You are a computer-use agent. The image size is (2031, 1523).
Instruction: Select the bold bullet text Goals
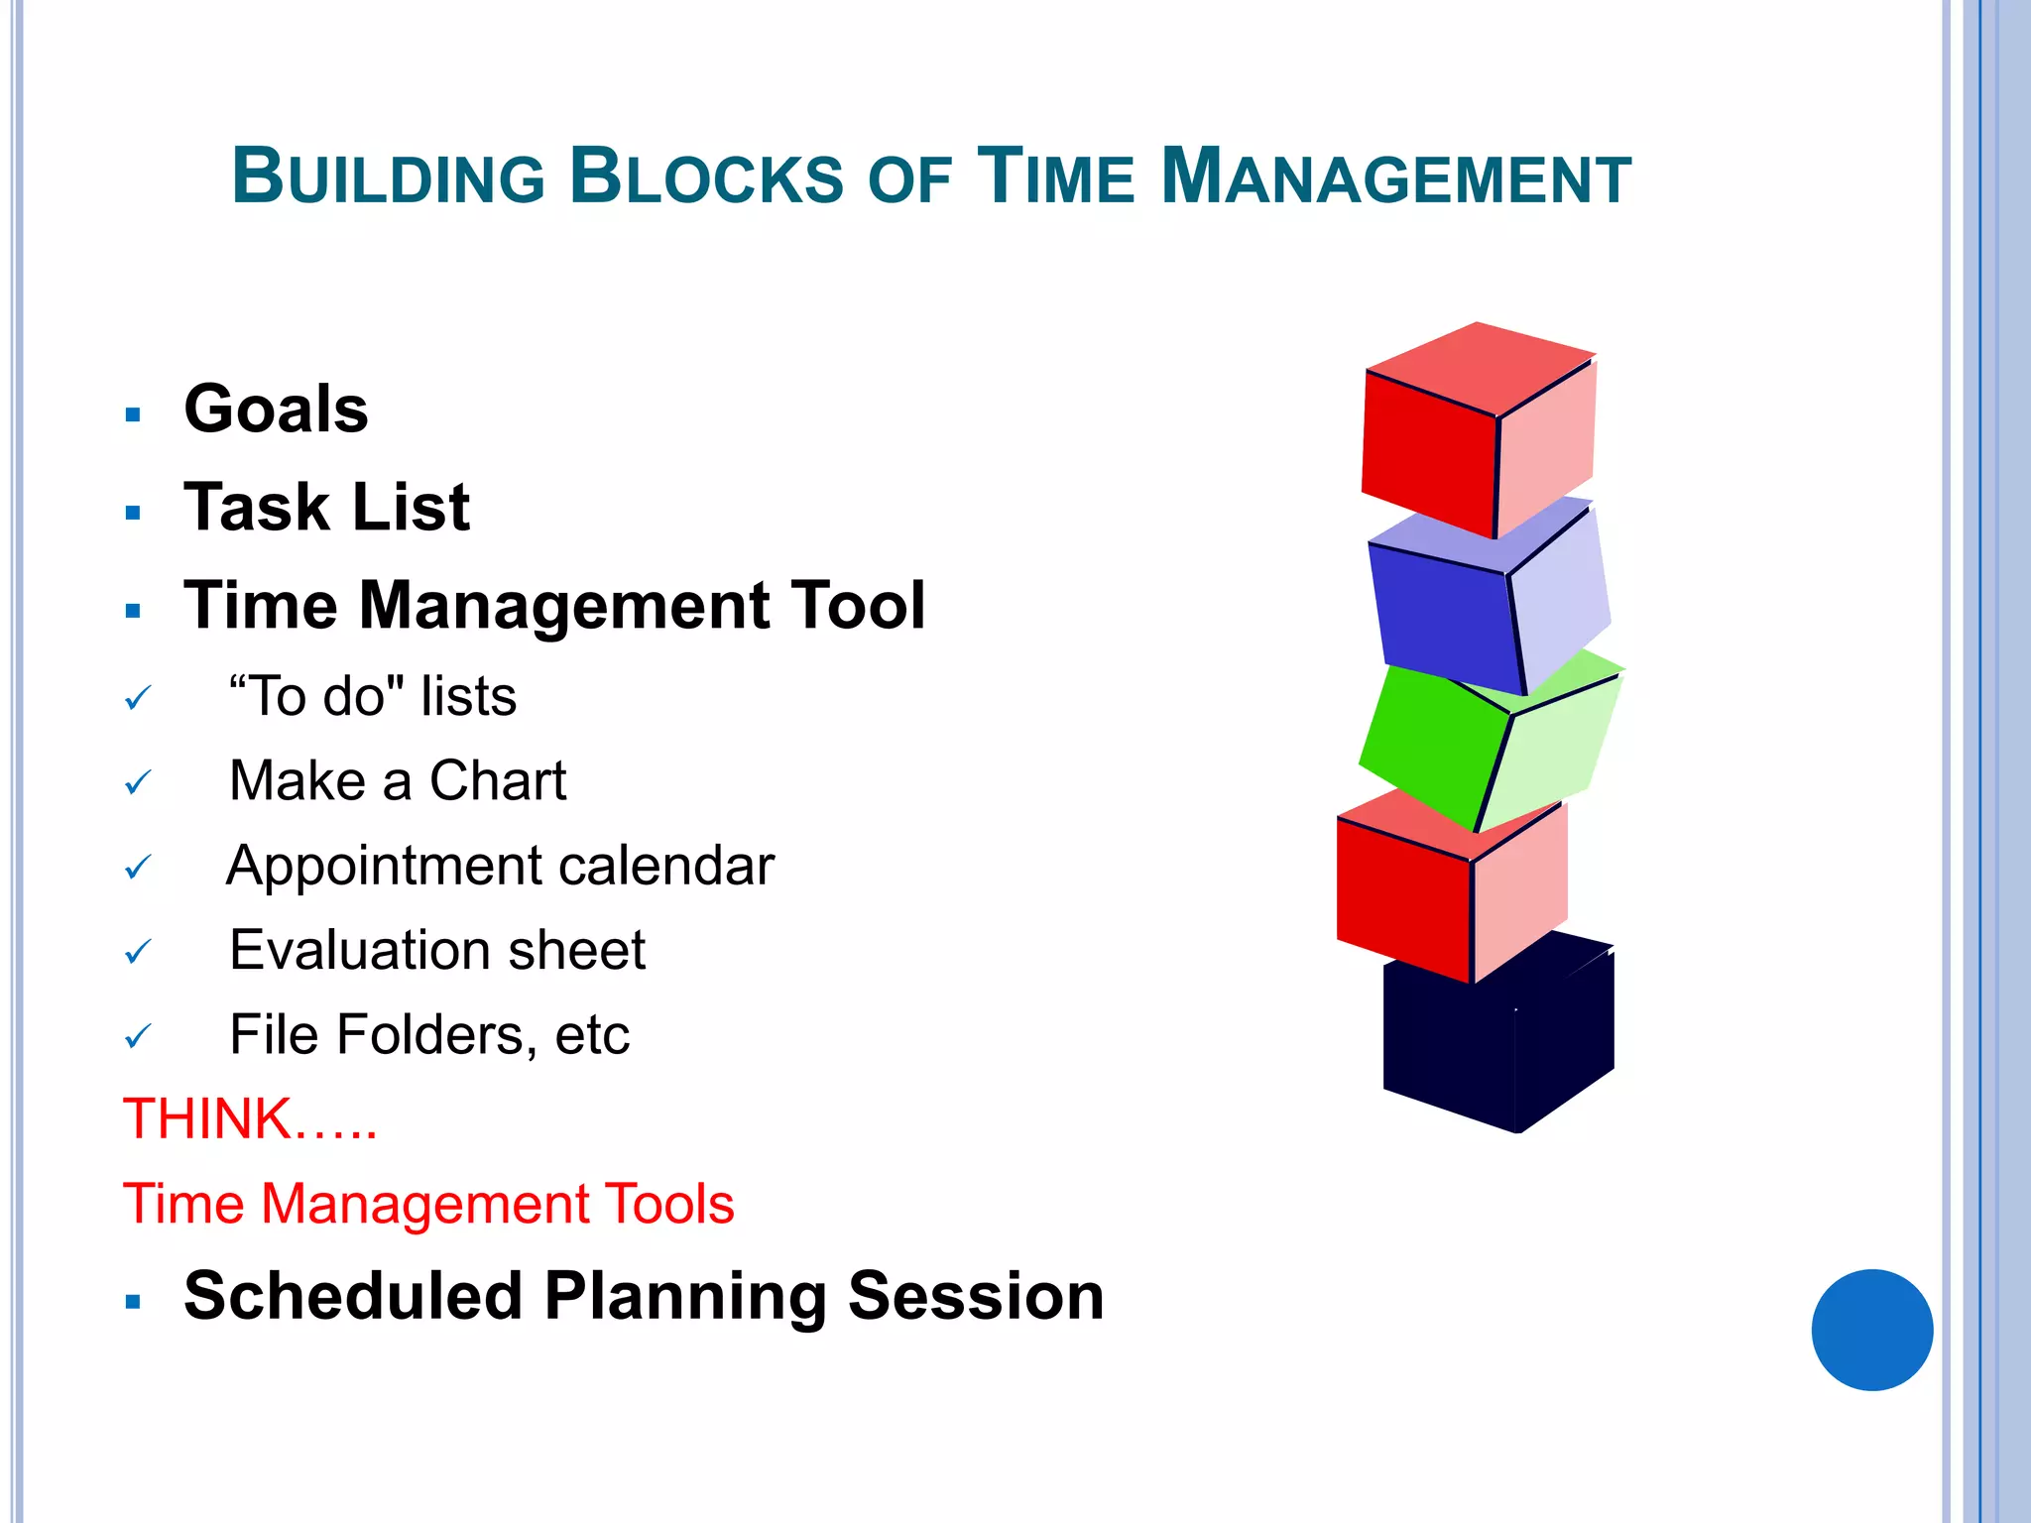point(276,409)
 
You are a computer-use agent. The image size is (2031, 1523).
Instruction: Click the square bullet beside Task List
point(134,513)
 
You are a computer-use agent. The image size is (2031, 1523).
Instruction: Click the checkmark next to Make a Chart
point(138,783)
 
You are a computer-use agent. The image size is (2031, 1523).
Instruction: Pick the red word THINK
point(206,1118)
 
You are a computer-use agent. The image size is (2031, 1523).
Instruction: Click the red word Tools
point(669,1204)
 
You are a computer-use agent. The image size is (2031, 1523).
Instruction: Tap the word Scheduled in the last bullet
point(353,1296)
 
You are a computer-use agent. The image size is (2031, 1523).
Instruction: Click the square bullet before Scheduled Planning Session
point(134,1302)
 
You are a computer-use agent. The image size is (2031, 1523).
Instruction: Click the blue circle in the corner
point(1871,1330)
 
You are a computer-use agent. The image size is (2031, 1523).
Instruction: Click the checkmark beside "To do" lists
point(138,698)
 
